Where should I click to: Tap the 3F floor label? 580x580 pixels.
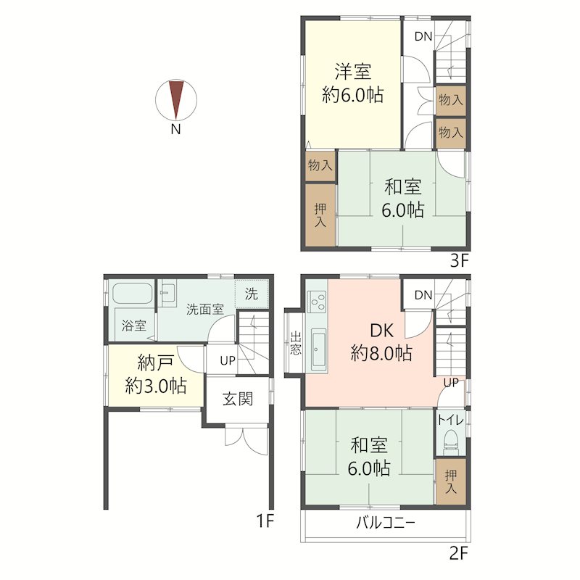pos(460,261)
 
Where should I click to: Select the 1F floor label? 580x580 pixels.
pos(265,521)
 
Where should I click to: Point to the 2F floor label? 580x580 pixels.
pos(459,553)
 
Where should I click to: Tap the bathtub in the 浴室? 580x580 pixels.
pos(133,294)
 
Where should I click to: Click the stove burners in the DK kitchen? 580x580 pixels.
pos(318,301)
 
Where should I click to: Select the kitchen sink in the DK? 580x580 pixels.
pos(318,349)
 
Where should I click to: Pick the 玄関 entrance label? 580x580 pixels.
pos(238,399)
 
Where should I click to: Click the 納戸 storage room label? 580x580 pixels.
pos(155,363)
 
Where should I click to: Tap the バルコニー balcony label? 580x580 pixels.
pos(386,523)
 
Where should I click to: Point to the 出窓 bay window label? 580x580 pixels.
pos(295,344)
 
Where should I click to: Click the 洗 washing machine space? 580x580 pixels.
pos(252,294)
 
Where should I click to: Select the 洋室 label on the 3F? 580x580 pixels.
pos(353,71)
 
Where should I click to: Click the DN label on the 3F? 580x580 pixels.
pos(423,36)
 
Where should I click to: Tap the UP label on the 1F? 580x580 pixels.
pos(228,360)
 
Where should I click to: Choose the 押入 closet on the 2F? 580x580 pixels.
pos(450,481)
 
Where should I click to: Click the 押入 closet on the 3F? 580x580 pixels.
pos(320,215)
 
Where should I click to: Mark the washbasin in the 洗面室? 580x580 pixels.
pos(169,292)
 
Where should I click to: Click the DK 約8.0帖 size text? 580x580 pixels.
pos(381,353)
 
